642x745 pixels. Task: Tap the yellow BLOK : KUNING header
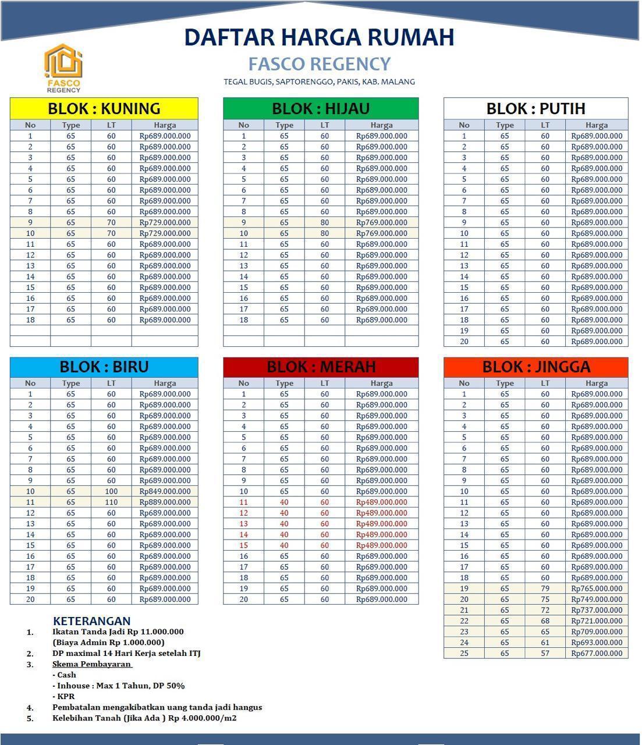[104, 108]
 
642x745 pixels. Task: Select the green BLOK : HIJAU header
[321, 108]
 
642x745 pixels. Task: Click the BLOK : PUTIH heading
[535, 108]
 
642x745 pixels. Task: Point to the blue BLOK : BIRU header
[104, 367]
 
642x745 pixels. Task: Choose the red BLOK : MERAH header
[321, 367]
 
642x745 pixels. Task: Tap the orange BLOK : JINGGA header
[535, 367]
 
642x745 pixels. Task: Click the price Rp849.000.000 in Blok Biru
[165, 491]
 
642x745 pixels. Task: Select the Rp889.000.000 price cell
[165, 502]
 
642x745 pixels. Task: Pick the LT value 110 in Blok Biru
[111, 502]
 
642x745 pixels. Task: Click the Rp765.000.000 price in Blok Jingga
[597, 588]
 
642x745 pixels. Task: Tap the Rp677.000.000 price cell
[597, 653]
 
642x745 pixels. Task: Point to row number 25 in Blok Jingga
[464, 653]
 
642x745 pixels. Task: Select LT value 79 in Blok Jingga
[545, 588]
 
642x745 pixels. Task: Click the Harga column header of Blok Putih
[597, 125]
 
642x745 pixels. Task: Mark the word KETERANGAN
[91, 621]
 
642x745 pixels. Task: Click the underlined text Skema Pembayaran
[92, 664]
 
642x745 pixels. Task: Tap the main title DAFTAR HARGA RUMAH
[319, 37]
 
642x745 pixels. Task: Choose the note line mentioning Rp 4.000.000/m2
[144, 718]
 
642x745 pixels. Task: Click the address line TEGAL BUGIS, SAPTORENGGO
[319, 82]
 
